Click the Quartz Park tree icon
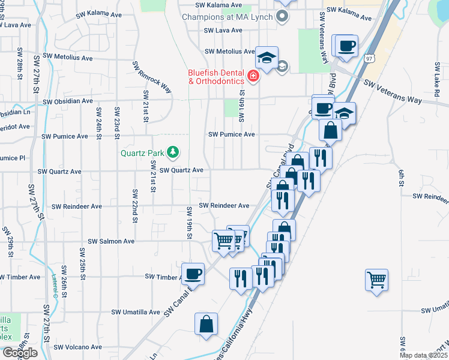coord(173,152)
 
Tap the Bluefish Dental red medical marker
coord(253,76)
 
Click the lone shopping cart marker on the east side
coord(376,279)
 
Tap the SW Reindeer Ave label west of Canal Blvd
coord(224,205)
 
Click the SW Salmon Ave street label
coord(111,241)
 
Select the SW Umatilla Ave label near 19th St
coord(136,313)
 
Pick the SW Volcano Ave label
coord(79,347)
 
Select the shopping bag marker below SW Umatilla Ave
coord(206,323)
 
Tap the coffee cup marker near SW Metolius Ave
coord(346,46)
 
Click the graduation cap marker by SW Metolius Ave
coord(267,58)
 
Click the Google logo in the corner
coord(19,353)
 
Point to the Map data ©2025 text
coord(423,355)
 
